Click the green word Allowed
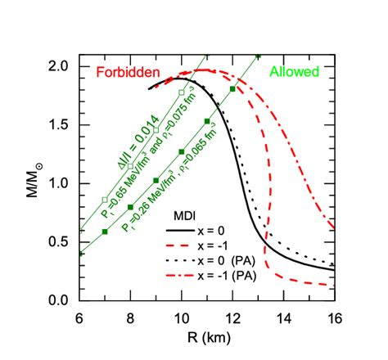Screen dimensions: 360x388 [294, 72]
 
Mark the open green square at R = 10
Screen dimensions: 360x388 [182, 92]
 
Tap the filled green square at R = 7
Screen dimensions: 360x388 [105, 232]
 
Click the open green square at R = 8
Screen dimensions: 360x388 [130, 166]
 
